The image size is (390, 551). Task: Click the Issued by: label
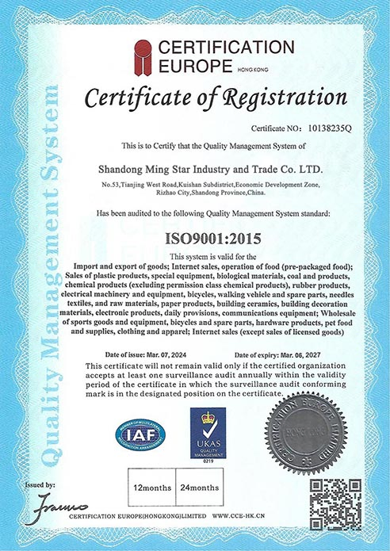(x=40, y=484)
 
